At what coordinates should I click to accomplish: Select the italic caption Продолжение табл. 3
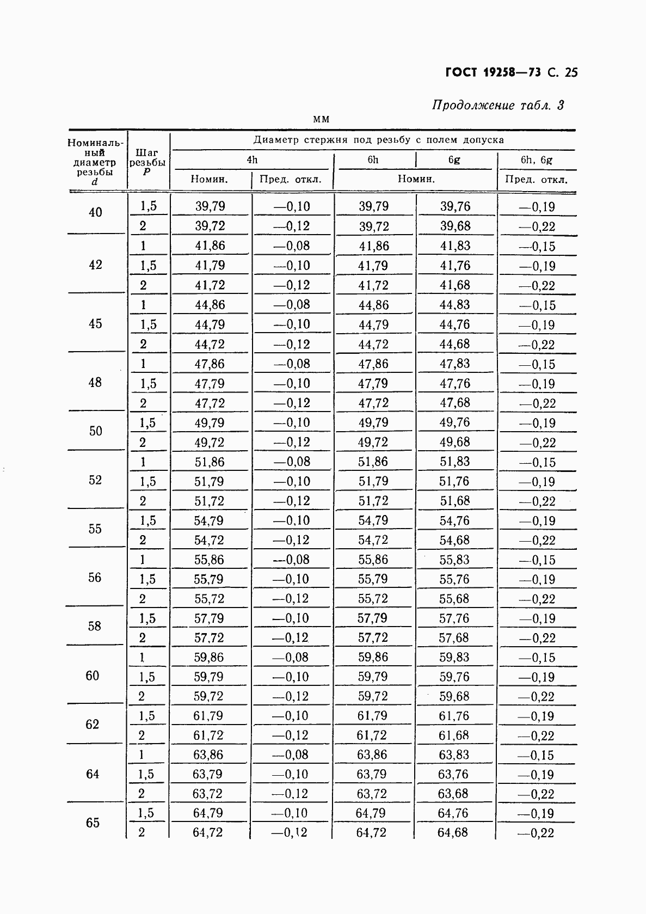[497, 105]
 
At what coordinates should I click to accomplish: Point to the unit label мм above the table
[322, 119]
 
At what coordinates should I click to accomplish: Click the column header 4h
[251, 160]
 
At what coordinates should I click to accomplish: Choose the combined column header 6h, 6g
[536, 160]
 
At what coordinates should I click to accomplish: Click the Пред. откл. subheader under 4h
[291, 179]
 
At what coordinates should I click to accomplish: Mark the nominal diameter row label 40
[95, 212]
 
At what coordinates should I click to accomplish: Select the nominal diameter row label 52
[95, 480]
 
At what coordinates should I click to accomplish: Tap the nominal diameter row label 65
[93, 823]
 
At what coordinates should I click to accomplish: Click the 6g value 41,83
[455, 246]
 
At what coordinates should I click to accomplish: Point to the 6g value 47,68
[455, 403]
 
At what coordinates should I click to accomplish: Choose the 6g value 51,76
[455, 481]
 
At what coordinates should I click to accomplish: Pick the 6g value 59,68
[454, 696]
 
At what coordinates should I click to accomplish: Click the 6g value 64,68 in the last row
[452, 832]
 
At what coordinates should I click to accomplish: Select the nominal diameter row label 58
[94, 627]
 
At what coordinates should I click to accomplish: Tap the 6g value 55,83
[454, 560]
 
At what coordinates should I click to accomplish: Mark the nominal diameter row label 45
[95, 324]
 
